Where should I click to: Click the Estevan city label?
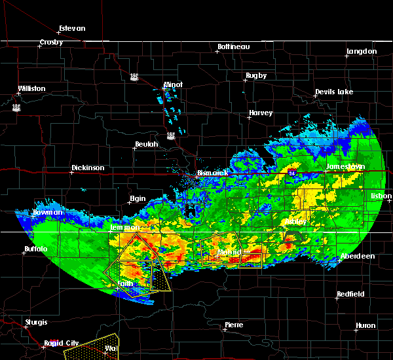[72, 29]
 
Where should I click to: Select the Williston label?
[31, 88]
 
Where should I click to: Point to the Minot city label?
[173, 85]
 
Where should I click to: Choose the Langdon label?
[362, 51]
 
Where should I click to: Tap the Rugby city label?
[256, 76]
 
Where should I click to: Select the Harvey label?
[260, 113]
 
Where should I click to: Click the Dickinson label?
[88, 168]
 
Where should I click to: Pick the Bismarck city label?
[212, 173]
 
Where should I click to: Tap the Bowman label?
[47, 213]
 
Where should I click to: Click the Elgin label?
[138, 198]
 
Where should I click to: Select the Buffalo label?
[36, 249]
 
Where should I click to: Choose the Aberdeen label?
[358, 257]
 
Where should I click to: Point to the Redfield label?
[350, 295]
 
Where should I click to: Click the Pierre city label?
[234, 325]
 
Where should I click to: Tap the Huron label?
[365, 325]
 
